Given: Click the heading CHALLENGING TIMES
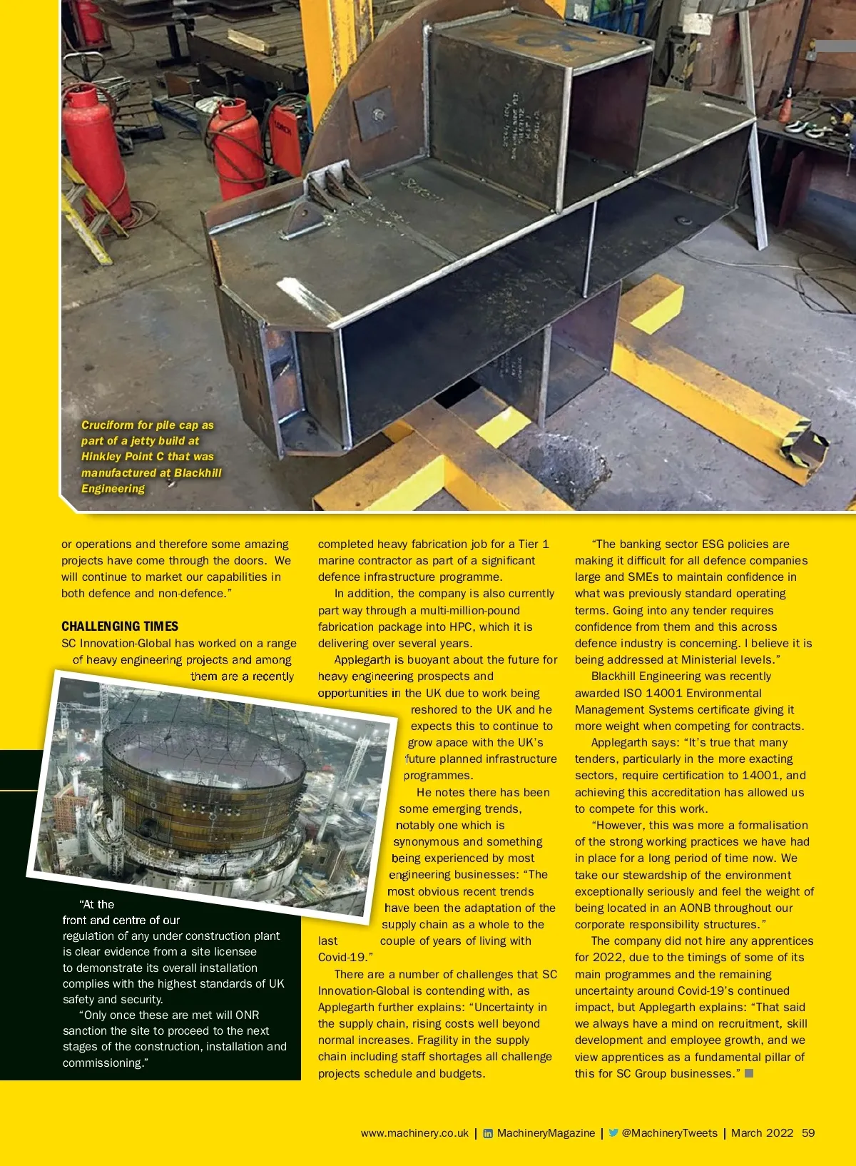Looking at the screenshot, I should pos(120,627).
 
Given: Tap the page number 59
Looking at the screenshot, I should pos(808,1132).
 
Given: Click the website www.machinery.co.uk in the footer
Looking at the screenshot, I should pos(414,1132).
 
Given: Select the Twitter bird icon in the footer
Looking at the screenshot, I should pos(613,1132).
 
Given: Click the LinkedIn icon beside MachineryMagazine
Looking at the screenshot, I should pos(488,1133).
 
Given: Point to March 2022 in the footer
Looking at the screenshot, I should pos(762,1132).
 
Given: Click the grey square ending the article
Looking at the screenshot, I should pos(749,1073).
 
